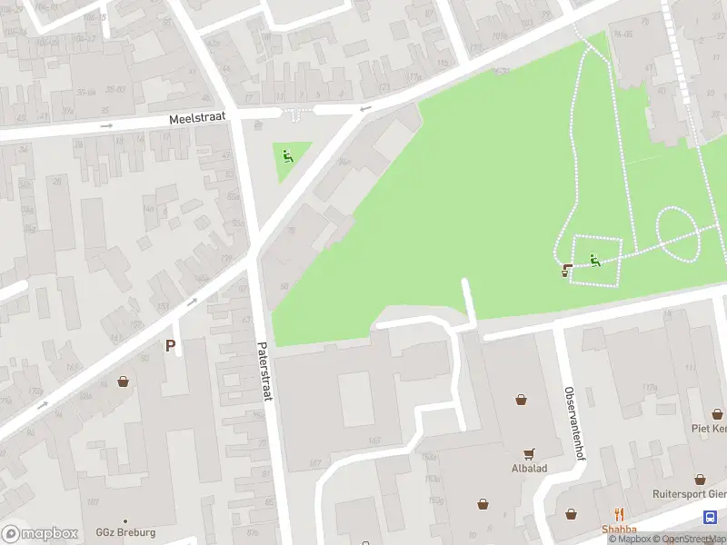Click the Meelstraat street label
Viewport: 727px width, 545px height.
click(x=197, y=118)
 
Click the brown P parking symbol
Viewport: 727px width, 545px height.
click(x=170, y=345)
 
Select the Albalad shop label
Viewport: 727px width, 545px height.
click(x=528, y=469)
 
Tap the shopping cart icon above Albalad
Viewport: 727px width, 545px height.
click(x=528, y=453)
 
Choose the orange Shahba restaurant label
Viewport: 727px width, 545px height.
click(x=619, y=530)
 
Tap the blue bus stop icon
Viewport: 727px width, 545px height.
click(x=709, y=517)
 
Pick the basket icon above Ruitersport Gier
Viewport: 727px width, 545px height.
click(x=701, y=479)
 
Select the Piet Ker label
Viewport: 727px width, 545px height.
click(x=708, y=428)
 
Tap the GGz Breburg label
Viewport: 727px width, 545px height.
click(x=125, y=532)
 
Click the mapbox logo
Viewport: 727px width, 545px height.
click(x=41, y=533)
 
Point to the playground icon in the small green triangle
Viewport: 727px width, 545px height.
click(x=288, y=156)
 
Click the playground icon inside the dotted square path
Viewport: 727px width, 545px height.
click(x=595, y=261)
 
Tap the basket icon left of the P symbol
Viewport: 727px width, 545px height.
click(x=123, y=382)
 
